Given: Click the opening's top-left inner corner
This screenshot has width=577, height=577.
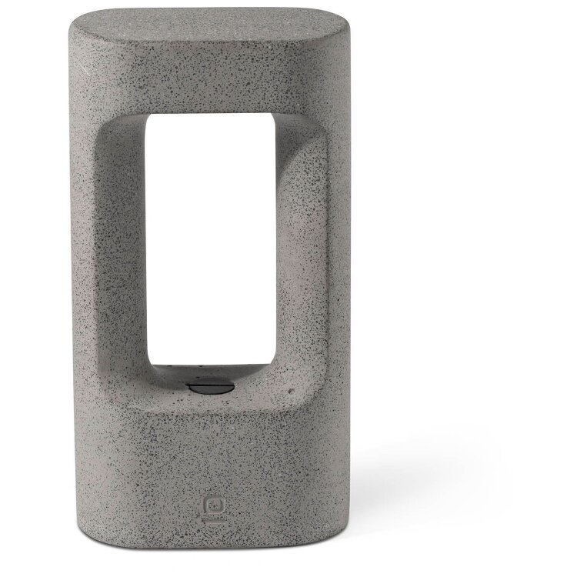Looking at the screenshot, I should (148, 115).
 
